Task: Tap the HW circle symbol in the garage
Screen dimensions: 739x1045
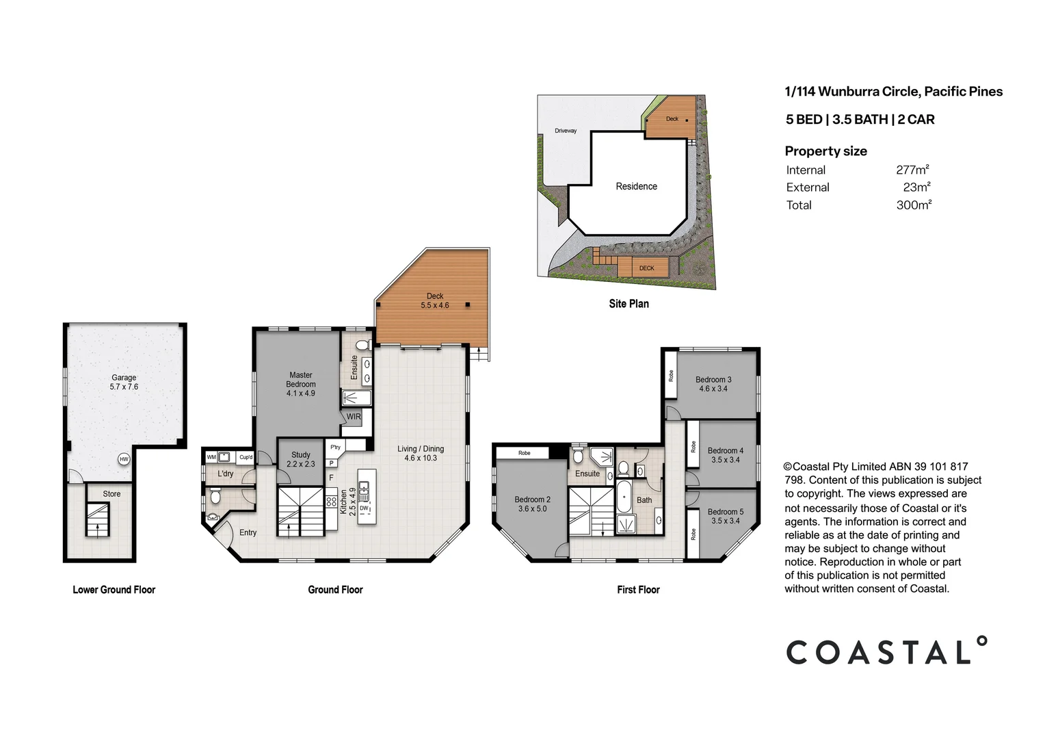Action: (124, 459)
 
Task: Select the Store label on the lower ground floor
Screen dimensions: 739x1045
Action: (111, 493)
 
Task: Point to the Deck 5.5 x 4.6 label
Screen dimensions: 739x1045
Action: (435, 301)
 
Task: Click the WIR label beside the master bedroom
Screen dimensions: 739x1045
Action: (354, 417)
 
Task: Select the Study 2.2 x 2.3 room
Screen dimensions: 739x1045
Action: (300, 459)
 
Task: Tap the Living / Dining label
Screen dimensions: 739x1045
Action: (421, 453)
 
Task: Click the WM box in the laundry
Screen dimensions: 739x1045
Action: (211, 457)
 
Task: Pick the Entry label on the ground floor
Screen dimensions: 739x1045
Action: (248, 532)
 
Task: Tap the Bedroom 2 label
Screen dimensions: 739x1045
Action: (532, 504)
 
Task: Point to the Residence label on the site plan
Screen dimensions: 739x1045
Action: (636, 186)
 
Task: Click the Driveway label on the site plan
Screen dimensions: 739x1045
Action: (566, 131)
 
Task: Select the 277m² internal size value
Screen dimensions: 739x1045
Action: (912, 170)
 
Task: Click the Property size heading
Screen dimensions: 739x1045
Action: (825, 151)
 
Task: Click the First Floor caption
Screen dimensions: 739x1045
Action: (638, 589)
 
